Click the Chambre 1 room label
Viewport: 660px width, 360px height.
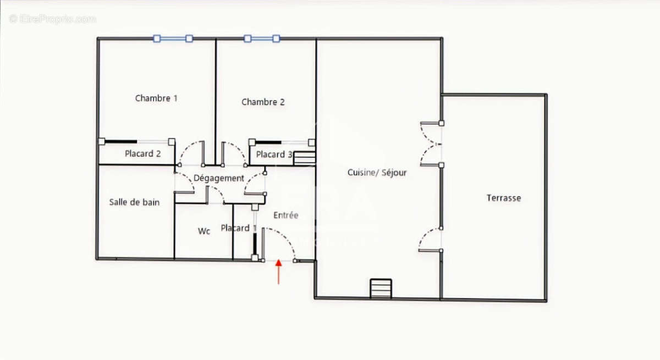[156, 98]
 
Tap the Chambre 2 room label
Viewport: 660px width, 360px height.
[263, 102]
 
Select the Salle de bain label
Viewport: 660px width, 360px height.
[134, 202]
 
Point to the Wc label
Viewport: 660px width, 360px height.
[204, 231]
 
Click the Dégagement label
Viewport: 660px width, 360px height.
[219, 178]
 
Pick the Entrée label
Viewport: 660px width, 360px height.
[285, 215]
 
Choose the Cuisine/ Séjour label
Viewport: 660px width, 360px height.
[377, 173]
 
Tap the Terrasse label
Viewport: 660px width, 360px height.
[503, 198]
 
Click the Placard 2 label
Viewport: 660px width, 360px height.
[142, 154]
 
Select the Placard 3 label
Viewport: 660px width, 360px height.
[273, 154]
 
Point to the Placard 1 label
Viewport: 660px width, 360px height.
[238, 228]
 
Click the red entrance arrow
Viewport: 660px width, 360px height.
[279, 272]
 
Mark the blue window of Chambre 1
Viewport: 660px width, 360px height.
[173, 38]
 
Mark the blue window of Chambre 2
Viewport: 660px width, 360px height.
[262, 38]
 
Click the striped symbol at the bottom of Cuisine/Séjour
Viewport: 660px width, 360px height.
[381, 289]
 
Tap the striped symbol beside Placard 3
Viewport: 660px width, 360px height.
[304, 158]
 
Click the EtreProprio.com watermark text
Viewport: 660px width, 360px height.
[52, 19]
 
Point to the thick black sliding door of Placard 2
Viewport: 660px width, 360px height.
[121, 141]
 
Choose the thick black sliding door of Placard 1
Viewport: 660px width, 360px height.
[255, 242]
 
